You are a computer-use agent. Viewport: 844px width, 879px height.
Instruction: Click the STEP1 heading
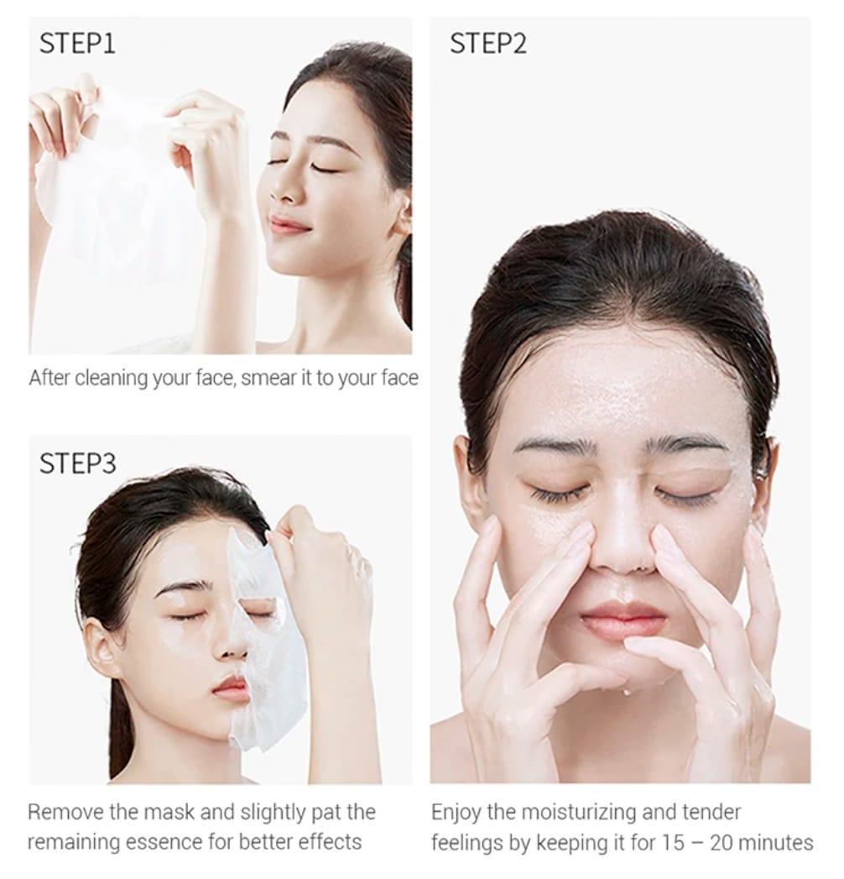[77, 44]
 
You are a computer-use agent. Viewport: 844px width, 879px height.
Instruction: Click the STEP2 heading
[488, 44]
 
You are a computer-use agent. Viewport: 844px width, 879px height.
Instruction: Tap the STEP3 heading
[78, 463]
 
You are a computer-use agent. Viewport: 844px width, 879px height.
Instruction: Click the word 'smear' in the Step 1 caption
[268, 378]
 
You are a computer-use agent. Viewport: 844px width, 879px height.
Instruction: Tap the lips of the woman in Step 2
[623, 615]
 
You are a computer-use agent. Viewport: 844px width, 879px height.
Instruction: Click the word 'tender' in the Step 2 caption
[711, 813]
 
